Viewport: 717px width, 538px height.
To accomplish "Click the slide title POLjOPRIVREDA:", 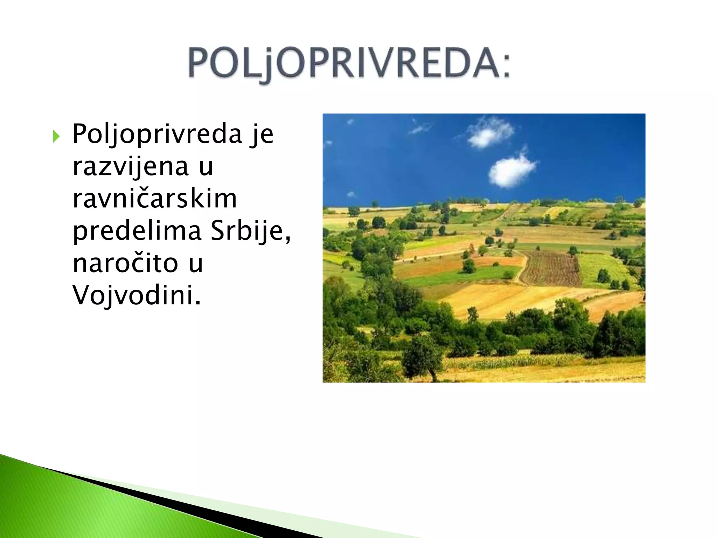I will [349, 63].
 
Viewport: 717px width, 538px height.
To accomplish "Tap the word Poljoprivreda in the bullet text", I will [157, 134].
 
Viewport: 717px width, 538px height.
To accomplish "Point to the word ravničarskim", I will [154, 199].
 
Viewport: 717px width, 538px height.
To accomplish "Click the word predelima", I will [137, 231].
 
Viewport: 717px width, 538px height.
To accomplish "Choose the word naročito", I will [125, 263].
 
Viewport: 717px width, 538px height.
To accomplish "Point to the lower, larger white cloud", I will [511, 171].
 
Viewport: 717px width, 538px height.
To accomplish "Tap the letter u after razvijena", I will [206, 167].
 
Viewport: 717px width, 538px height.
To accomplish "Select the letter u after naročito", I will [196, 264].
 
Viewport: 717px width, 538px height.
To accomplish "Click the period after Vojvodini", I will [198, 303].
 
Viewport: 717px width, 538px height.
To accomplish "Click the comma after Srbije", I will [288, 240].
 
